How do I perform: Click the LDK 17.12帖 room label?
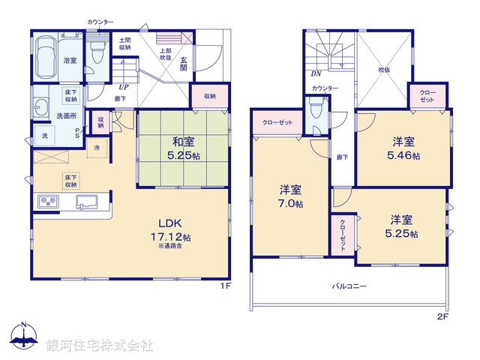[175, 229]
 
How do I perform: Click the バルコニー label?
[349, 286]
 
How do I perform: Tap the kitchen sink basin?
[88, 201]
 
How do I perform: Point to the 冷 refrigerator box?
[97, 148]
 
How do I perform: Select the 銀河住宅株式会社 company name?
[100, 346]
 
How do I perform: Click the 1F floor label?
[223, 286]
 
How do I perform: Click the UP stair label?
[122, 87]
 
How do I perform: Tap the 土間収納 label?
[124, 43]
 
